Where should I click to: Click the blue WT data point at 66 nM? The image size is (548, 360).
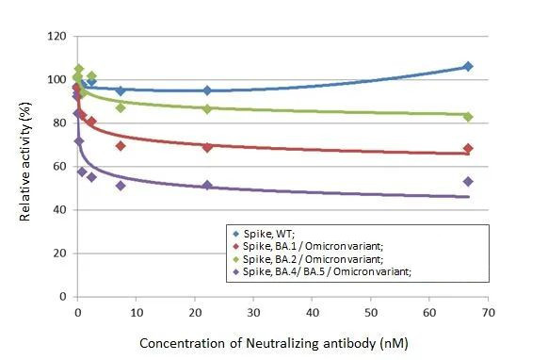468,67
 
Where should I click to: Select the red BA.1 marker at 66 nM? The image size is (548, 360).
468,149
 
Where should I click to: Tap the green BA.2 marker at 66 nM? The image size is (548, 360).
468,117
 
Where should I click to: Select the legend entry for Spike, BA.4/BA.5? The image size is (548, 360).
311,271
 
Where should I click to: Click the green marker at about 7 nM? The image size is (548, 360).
121,107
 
